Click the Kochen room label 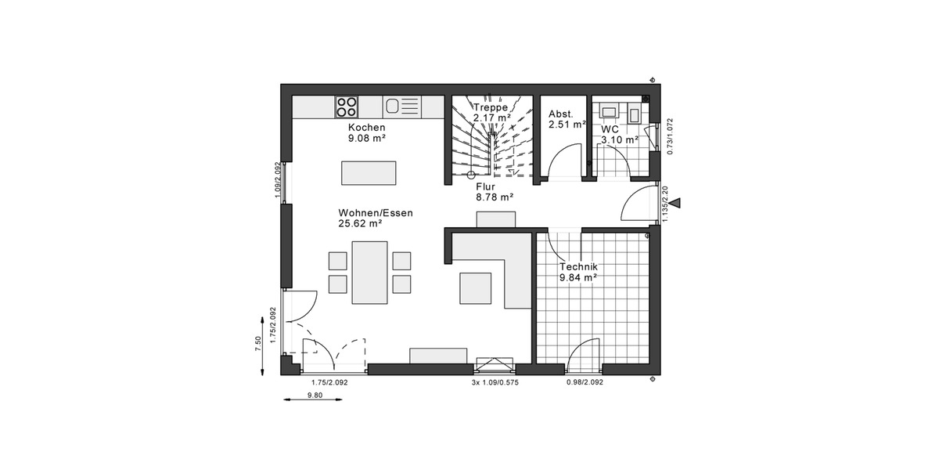[x=367, y=128]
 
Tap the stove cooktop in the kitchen [x=347, y=106]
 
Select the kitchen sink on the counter [x=393, y=106]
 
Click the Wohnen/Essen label [x=376, y=213]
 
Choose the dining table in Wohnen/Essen [x=369, y=272]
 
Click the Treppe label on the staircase [x=491, y=107]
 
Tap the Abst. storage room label [x=561, y=114]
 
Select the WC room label [x=610, y=129]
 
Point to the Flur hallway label [x=491, y=187]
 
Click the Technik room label [x=577, y=267]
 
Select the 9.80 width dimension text [x=315, y=396]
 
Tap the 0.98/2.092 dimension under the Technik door [x=585, y=382]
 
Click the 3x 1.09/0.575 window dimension [x=495, y=382]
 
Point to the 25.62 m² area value [x=360, y=223]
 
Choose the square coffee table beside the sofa [x=476, y=287]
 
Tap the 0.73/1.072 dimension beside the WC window [x=669, y=137]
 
